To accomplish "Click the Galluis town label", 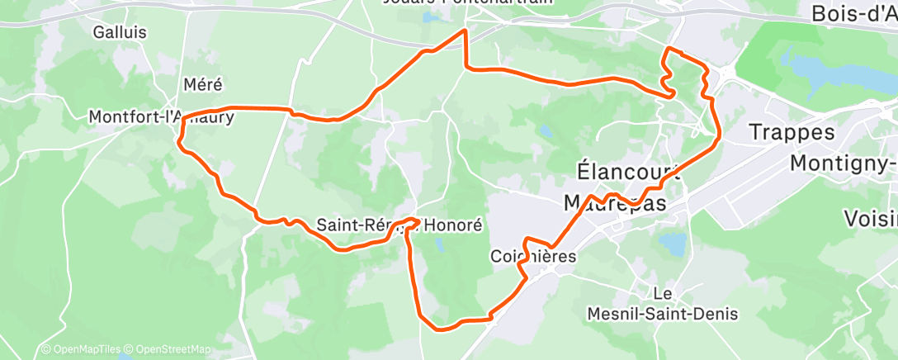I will pos(120,32).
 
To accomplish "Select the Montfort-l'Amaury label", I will pos(161,118).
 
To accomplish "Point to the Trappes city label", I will pos(792,132).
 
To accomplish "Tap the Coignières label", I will pos(532,256).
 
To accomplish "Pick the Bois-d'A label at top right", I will pos(854,13).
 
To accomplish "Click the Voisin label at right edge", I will pos(871,219).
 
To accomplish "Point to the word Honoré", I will pos(453,225).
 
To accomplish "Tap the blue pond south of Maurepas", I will pos(673,245).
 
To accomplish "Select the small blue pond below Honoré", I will pos(438,246).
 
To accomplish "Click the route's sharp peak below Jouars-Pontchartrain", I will pos(466,31).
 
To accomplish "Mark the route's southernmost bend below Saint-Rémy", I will pos(441,328).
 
